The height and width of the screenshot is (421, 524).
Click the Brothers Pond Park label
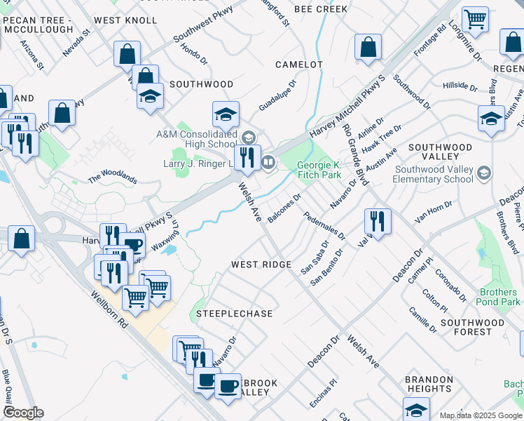(500, 296)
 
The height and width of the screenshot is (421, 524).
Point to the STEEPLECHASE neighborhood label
(234, 314)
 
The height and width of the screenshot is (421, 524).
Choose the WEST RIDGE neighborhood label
(261, 265)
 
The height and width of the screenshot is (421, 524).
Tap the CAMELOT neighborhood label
(299, 65)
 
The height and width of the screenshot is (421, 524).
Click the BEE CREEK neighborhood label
(321, 9)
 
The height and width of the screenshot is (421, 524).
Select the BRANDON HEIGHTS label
(428, 384)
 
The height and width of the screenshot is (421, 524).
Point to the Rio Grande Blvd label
(356, 155)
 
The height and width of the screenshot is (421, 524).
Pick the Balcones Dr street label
(284, 208)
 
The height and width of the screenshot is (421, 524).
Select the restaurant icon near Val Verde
(378, 222)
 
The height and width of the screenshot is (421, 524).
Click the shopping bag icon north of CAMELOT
(368, 48)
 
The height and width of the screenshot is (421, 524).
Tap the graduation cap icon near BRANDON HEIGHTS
(416, 410)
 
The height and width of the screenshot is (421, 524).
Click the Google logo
(24, 413)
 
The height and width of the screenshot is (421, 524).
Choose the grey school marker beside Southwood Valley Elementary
(483, 173)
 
